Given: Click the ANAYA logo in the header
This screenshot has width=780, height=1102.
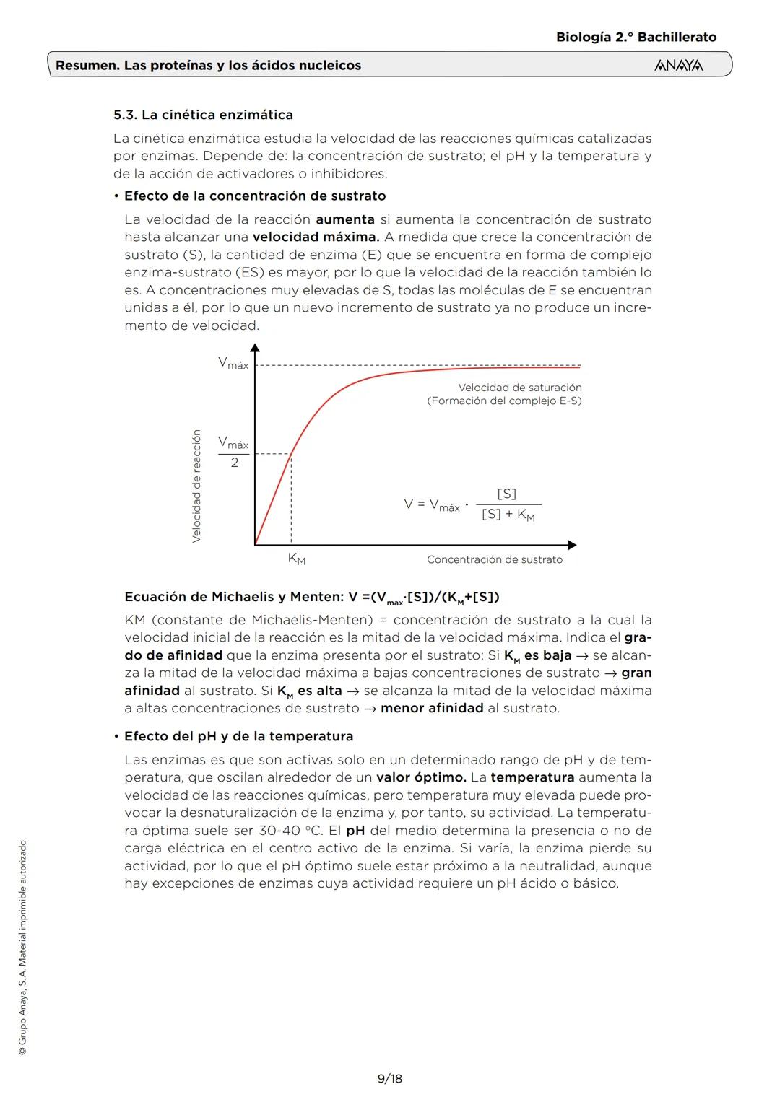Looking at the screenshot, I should pos(678,66).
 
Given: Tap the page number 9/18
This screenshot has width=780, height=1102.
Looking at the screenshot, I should pos(390,1078).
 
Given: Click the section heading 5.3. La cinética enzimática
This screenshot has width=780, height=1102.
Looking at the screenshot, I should pos(203,115).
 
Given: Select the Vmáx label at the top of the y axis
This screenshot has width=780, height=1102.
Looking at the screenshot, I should pos(233,364).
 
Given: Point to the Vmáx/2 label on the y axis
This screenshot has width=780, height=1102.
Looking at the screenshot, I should pos(233,452).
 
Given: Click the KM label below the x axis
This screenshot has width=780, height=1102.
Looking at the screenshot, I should pos(296,559).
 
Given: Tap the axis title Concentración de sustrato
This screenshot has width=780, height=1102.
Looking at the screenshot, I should pos(494,559).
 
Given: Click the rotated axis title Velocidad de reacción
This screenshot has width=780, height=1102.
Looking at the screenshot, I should pos(196,486).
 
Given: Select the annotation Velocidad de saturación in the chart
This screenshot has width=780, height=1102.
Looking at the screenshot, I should pos(519,388).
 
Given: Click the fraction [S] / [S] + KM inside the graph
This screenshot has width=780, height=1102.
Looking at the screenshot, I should pos(508,504).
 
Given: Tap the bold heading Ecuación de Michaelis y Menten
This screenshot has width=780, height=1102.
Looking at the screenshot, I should pos(234,597).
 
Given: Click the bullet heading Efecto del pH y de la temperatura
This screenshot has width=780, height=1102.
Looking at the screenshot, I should pos(238,736).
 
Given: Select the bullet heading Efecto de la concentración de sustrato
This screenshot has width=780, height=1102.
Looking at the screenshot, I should pos(255,196).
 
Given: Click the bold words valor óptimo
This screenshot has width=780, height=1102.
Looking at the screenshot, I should pos(421,777).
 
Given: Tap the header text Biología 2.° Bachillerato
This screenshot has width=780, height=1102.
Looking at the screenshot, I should pos(636,37).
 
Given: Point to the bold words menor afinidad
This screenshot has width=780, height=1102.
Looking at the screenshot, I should pos(432,708).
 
